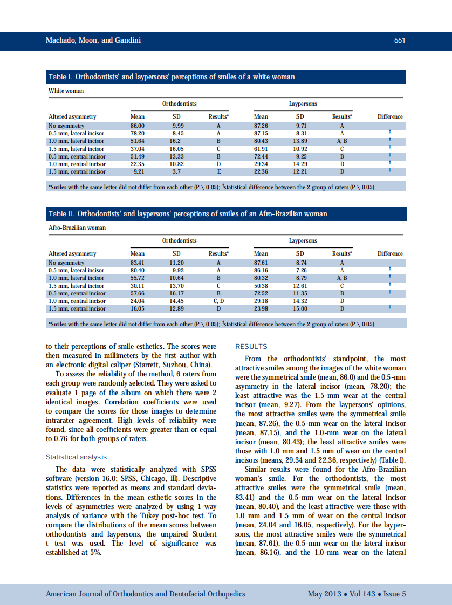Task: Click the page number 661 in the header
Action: click(399, 40)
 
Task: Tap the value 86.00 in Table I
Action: click(137, 125)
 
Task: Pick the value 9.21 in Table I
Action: click(138, 171)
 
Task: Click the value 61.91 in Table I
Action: click(261, 148)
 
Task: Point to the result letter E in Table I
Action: click(218, 171)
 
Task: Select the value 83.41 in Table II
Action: click(137, 263)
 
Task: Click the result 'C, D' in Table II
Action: click(218, 301)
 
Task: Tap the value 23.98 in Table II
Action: click(261, 309)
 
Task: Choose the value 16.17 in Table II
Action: click(176, 293)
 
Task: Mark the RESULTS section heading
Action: click(251, 347)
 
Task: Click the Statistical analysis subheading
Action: click(76, 457)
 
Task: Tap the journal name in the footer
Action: click(145, 594)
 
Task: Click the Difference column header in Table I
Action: click(390, 116)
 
